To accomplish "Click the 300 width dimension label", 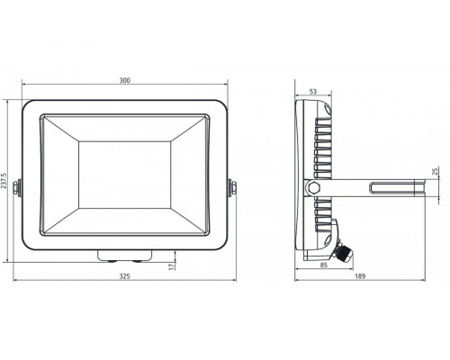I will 124,81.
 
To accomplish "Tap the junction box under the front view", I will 126,253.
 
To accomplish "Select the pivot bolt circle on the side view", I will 313,187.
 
